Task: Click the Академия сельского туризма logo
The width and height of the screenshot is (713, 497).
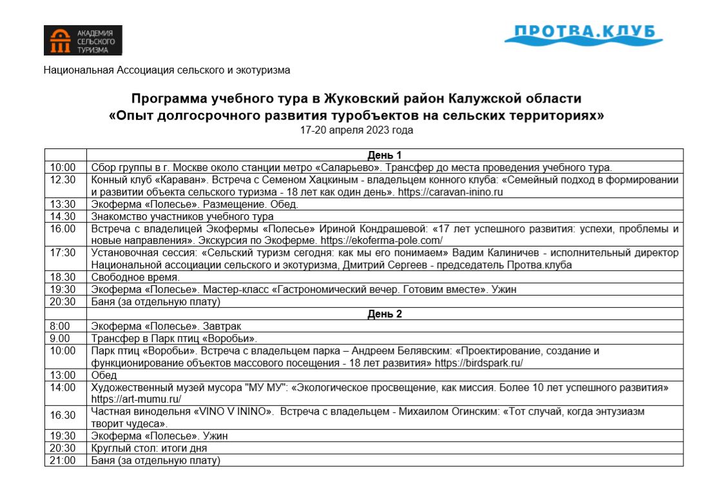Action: tap(83, 40)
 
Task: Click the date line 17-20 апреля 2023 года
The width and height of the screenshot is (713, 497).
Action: tap(356, 130)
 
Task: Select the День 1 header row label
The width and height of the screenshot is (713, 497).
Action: tap(385, 156)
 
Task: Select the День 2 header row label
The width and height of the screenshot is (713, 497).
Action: tap(385, 314)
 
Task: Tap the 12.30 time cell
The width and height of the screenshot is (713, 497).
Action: tap(63, 179)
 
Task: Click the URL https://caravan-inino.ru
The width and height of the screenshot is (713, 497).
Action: tap(450, 192)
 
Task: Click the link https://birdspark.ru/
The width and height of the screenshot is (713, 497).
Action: tap(479, 363)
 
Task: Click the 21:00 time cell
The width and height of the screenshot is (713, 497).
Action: tap(63, 460)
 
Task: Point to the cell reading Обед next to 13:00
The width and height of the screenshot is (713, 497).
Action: tap(104, 375)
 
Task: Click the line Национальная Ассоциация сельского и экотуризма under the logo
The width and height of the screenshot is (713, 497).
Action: tap(167, 70)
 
